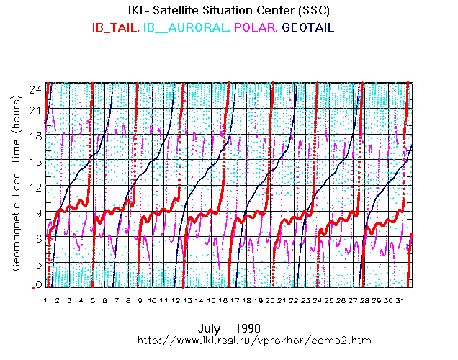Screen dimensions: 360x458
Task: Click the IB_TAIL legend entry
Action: click(x=114, y=27)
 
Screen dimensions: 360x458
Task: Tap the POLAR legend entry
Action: click(x=256, y=27)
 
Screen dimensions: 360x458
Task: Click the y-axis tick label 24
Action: click(x=35, y=89)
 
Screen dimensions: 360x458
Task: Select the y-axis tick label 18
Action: click(x=35, y=135)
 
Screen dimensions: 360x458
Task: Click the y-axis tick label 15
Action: click(x=35, y=160)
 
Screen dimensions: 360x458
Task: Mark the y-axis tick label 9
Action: click(x=37, y=212)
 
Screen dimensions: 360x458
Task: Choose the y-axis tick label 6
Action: click(x=37, y=238)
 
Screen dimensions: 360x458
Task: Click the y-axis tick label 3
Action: click(x=37, y=264)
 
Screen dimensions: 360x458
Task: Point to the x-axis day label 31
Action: click(x=400, y=300)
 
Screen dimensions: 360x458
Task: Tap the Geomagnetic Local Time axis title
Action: click(x=15, y=195)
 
